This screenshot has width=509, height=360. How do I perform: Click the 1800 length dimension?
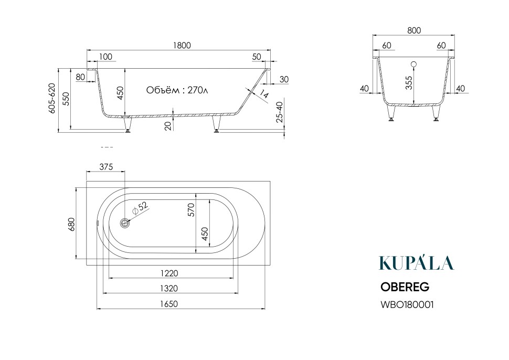coord(182,45)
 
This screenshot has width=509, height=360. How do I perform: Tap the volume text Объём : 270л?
coord(177,90)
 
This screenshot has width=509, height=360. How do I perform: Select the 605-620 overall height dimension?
coord(52,98)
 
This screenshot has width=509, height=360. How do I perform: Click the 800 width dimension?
coord(414,30)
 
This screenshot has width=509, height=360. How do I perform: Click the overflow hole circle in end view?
coord(413,65)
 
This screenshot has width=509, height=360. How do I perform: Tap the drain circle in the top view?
coord(125,223)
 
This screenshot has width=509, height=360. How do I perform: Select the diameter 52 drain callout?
coord(140,208)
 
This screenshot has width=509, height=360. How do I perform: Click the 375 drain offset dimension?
coord(106,167)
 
